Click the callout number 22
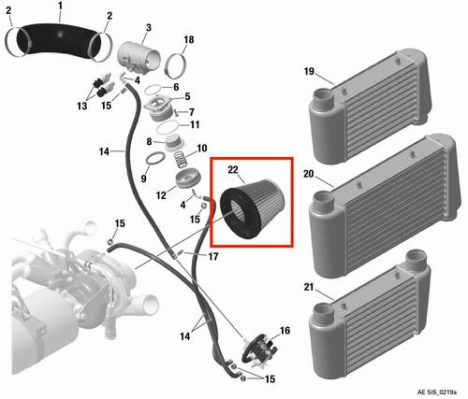tap(233, 170)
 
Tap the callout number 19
tap(309, 71)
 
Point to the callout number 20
tap(309, 174)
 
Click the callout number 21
tap(309, 287)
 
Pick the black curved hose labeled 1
tap(59, 39)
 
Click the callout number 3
tap(149, 27)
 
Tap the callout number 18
tap(189, 40)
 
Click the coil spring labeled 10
tap(181, 159)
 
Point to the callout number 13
tap(82, 106)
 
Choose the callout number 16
tap(285, 331)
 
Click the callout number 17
tap(213, 257)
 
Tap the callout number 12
tap(161, 195)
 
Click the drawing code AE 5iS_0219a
tap(437, 392)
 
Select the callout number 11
tap(195, 125)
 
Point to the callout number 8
tap(149, 142)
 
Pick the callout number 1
tap(60, 6)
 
